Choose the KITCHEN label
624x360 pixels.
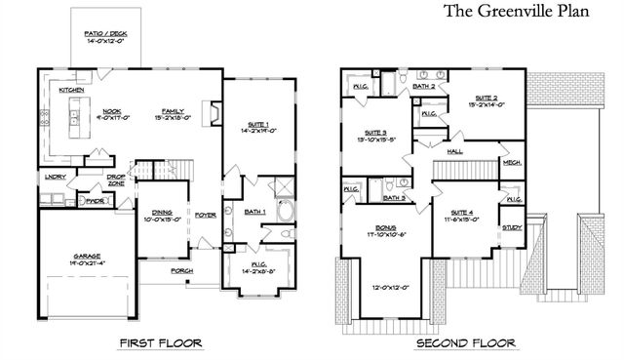tap(70, 90)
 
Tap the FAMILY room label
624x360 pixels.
tap(175, 112)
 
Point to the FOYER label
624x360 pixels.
tap(205, 215)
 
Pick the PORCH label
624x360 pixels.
tap(182, 269)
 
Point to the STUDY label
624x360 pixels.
tap(512, 227)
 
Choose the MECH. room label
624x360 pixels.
tap(512, 163)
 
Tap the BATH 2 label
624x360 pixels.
tap(422, 87)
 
